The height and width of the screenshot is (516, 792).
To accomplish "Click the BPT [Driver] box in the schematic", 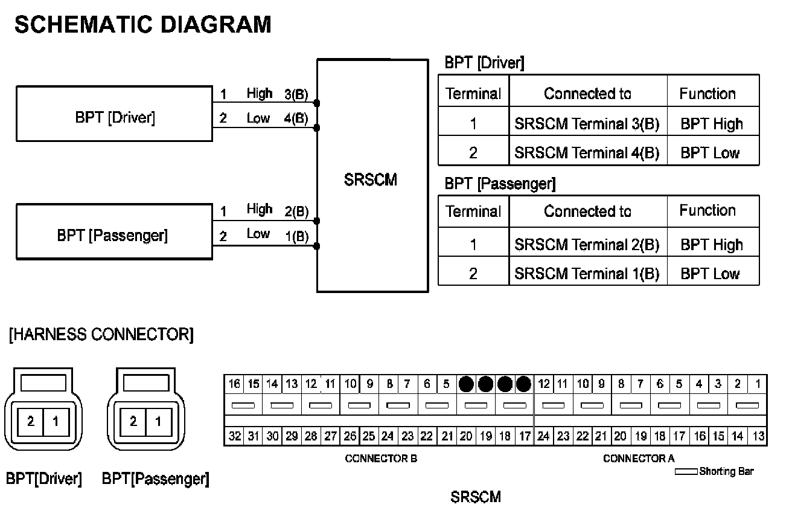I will (115, 114).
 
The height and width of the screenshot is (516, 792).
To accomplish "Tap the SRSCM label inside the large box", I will (371, 180).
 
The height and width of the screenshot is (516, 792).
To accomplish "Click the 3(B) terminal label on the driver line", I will (296, 94).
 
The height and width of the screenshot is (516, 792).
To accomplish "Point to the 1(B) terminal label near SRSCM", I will (296, 236).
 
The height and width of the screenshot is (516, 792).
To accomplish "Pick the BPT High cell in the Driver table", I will (712, 124).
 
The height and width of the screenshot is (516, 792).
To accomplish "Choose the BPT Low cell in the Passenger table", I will (710, 274).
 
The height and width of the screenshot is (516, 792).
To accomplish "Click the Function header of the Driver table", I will (707, 94).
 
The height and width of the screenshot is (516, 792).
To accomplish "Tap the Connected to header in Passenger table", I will (587, 211).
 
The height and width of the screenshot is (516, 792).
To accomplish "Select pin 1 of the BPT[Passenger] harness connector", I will (158, 421).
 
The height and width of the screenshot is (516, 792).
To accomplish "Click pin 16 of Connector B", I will (234, 384).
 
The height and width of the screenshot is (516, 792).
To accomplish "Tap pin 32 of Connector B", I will (234, 436).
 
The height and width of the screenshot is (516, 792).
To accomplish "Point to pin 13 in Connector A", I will (758, 436).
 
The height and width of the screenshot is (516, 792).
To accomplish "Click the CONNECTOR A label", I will (639, 459).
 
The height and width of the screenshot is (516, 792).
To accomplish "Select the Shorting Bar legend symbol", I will (686, 471).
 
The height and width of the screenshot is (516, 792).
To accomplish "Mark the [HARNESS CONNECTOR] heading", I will (101, 335).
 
